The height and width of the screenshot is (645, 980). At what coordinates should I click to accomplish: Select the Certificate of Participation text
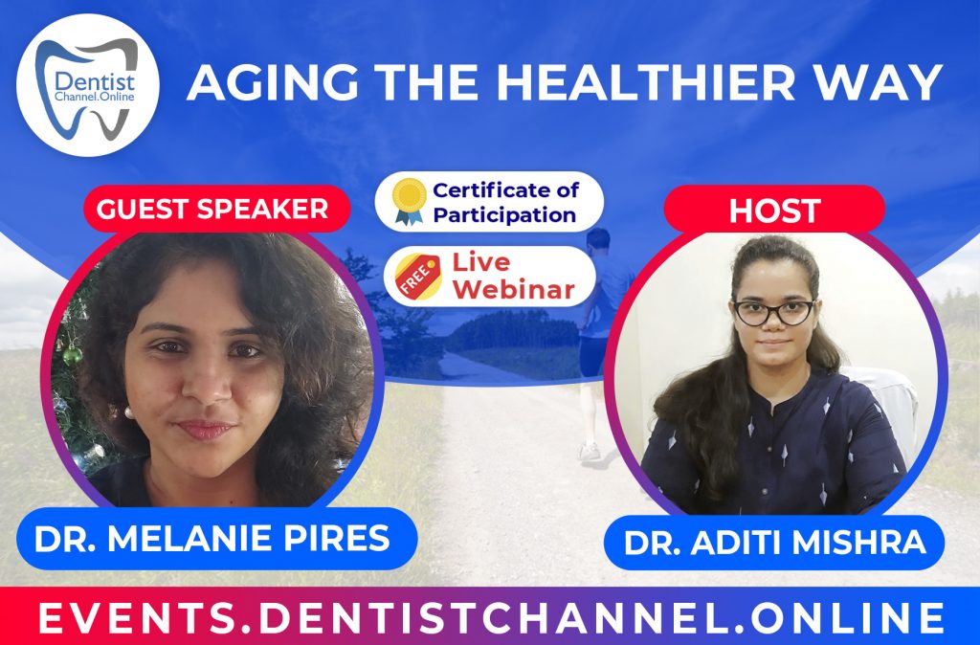point(505,201)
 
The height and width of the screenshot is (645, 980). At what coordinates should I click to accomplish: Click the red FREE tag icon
point(412,274)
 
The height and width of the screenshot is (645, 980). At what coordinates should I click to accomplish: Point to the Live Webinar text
point(508,275)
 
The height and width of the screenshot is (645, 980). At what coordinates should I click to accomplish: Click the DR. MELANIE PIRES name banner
point(212,538)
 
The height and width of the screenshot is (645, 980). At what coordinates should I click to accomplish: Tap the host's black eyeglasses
point(773,311)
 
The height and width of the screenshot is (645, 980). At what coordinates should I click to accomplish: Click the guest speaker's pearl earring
point(126,412)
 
